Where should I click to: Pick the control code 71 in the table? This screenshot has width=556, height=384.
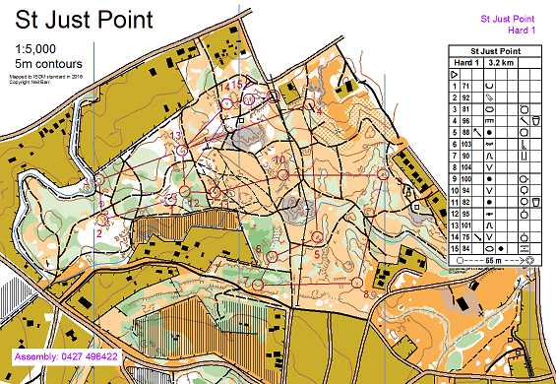[x=465, y=87]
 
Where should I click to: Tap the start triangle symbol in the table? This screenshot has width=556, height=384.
[x=454, y=74]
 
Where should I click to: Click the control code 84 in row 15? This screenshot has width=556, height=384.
[x=465, y=249]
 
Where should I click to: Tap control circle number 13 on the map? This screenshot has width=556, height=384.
[x=183, y=150]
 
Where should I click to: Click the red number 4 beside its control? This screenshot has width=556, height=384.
[x=319, y=111]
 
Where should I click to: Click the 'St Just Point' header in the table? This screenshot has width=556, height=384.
[x=496, y=50]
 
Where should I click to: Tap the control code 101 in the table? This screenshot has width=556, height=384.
[x=466, y=225]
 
